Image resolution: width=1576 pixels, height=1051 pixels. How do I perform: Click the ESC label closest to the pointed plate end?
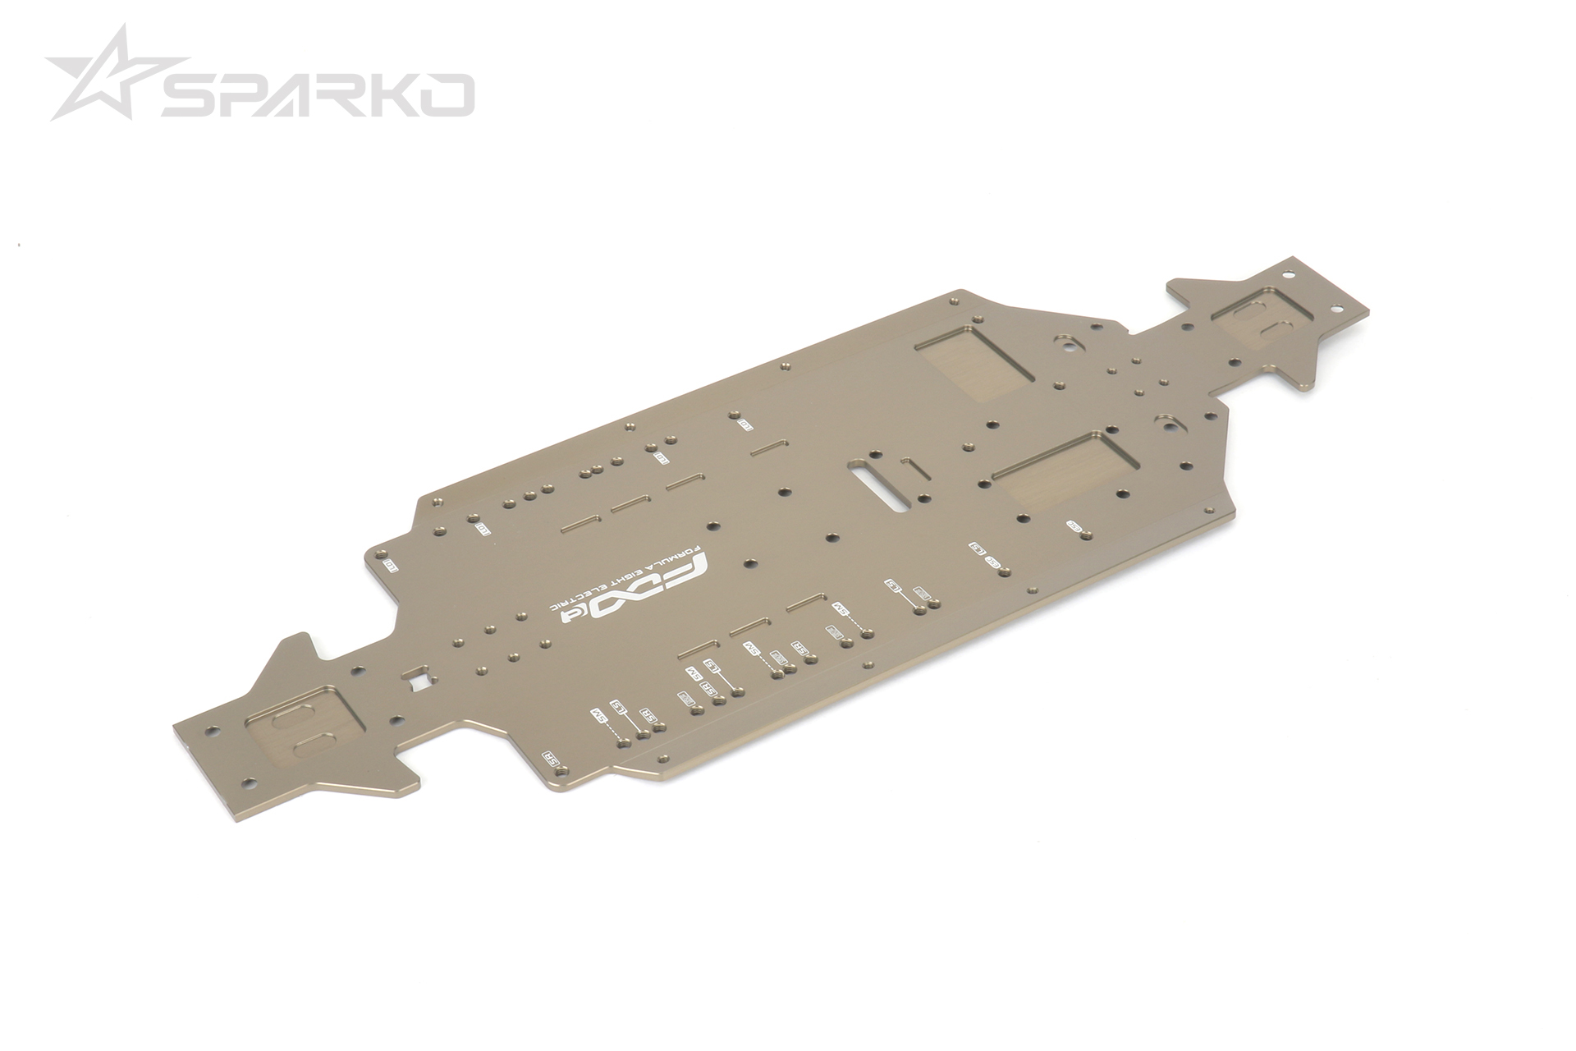click(1073, 525)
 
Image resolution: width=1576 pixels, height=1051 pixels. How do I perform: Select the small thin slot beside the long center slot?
click(911, 470)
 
